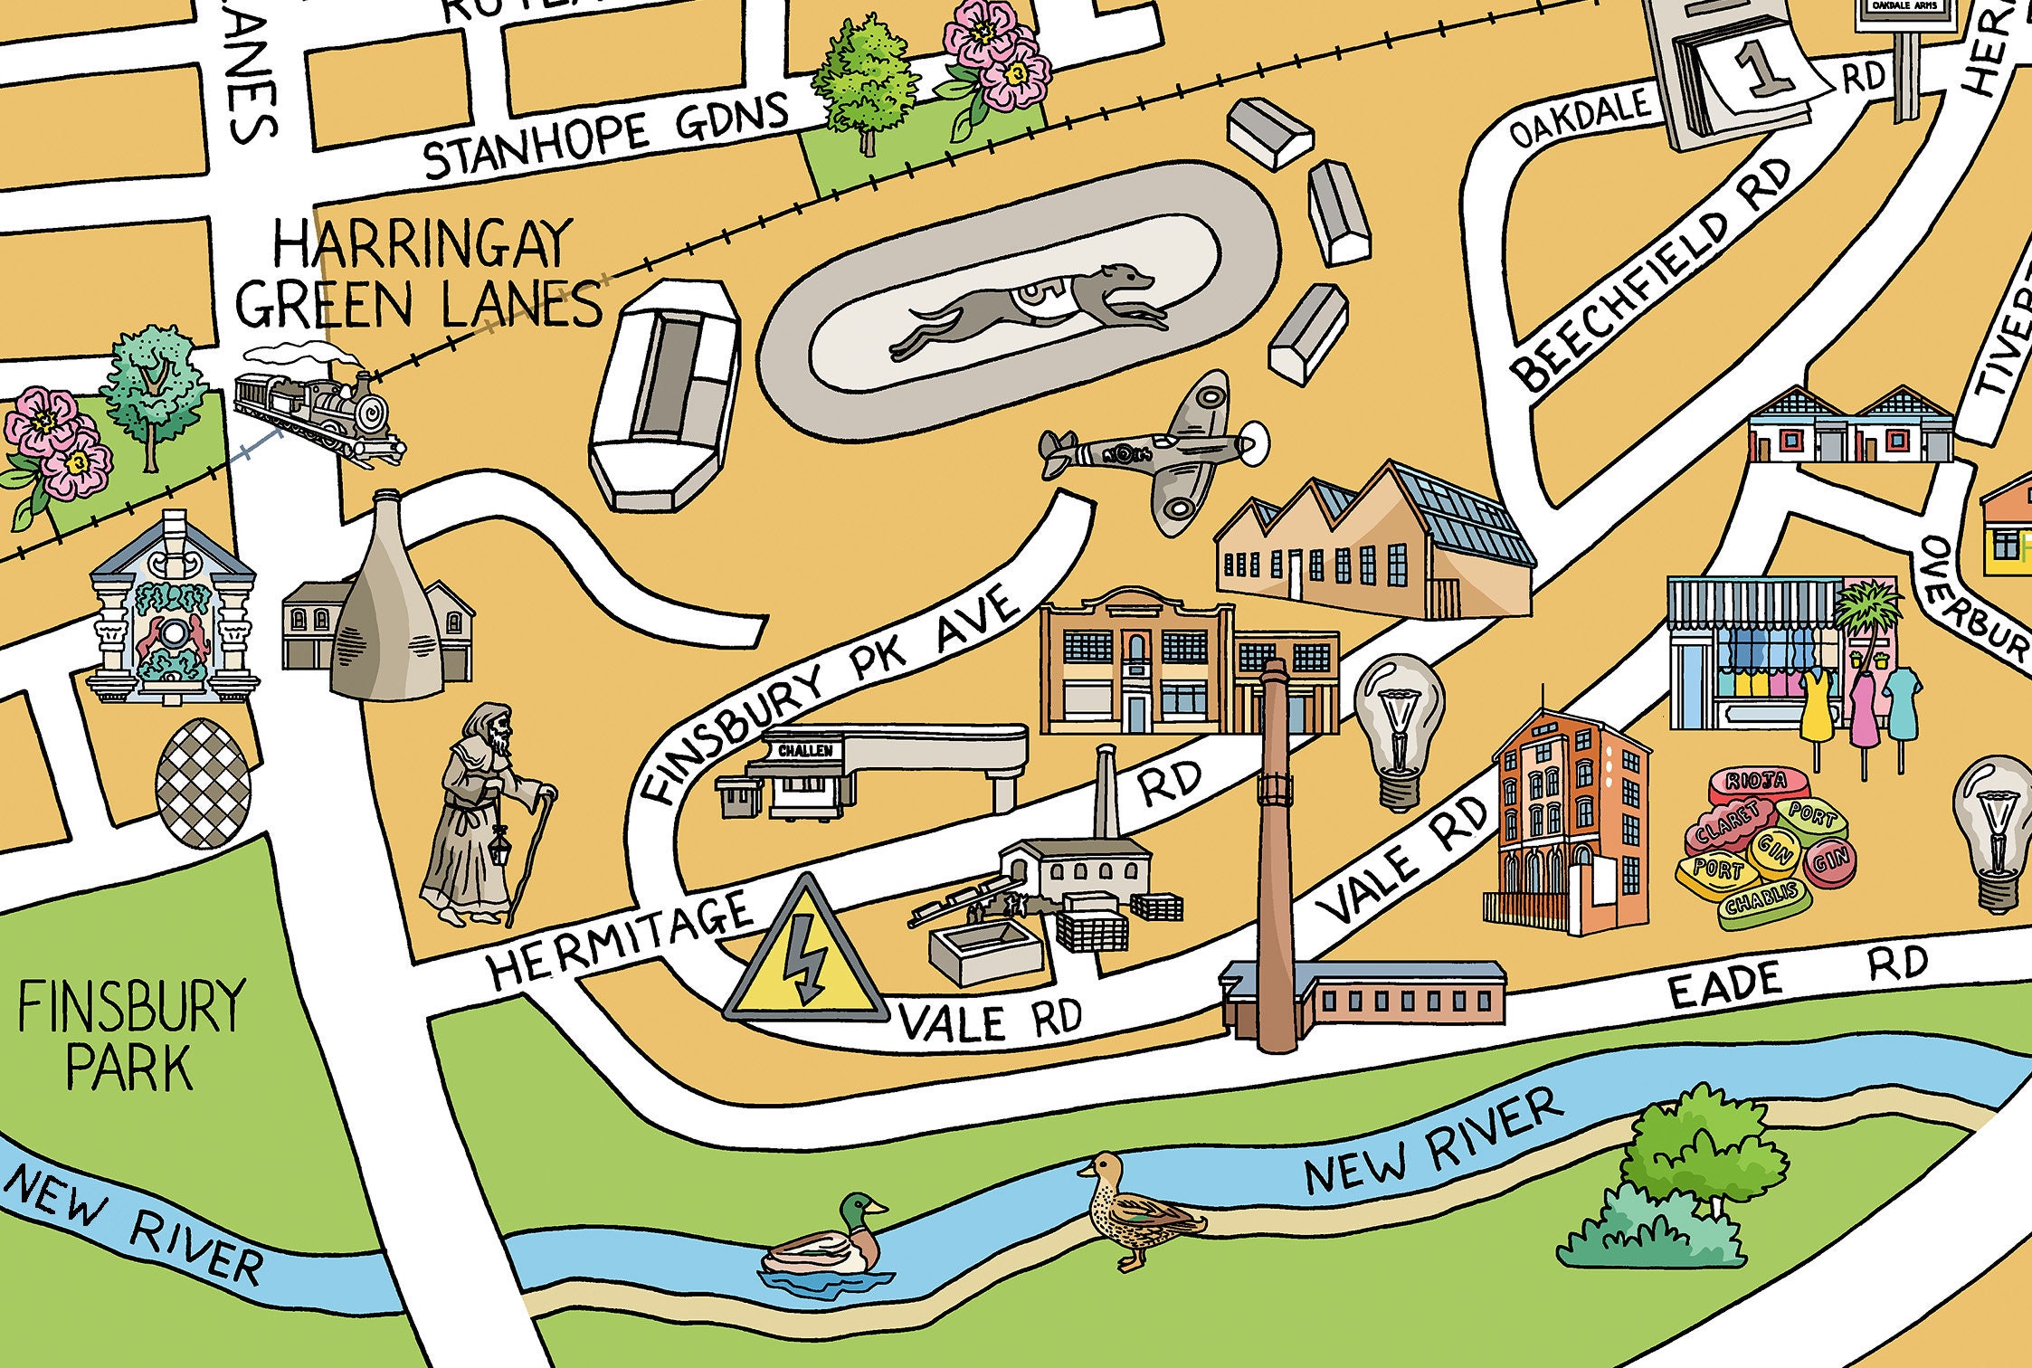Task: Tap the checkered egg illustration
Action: [x=203, y=784]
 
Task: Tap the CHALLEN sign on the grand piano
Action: [x=805, y=750]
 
